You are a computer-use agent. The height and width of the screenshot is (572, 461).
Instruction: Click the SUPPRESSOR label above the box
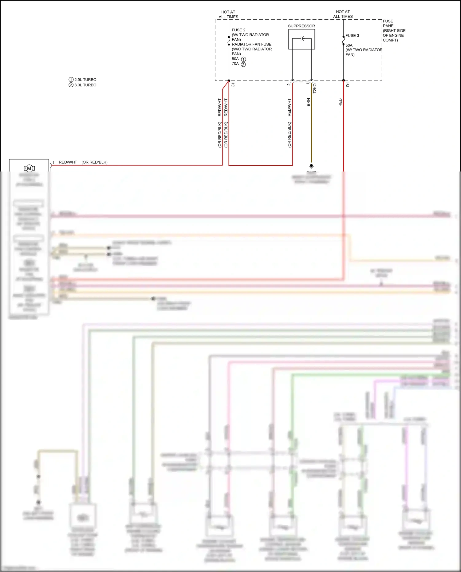[x=301, y=26]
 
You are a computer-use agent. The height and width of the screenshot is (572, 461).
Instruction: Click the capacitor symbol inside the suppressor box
[x=302, y=38]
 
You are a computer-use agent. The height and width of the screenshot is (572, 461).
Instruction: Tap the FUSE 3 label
[x=352, y=36]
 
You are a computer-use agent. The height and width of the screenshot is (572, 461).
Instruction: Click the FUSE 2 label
[x=238, y=30]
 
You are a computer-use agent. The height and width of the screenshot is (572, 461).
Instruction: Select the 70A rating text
[x=235, y=64]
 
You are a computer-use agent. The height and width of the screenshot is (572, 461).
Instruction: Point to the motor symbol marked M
[x=29, y=168]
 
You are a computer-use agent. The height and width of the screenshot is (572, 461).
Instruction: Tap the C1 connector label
[x=233, y=85]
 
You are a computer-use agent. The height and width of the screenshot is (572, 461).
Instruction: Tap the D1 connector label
[x=348, y=85]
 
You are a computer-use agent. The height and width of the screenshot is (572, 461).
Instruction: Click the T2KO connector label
[x=315, y=89]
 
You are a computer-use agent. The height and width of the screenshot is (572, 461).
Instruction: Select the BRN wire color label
[x=308, y=102]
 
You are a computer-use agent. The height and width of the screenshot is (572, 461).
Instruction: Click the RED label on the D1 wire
[x=340, y=102]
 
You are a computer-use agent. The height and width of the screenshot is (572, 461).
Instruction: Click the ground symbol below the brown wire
[x=311, y=166]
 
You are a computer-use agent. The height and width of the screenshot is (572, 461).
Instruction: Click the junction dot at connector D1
[x=343, y=81]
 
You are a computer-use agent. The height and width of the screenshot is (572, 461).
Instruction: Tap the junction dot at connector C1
[x=229, y=81]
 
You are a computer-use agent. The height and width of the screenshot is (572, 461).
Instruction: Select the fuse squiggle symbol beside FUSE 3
[x=343, y=40]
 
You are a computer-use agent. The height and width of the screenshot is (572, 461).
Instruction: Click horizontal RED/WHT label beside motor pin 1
[x=68, y=162]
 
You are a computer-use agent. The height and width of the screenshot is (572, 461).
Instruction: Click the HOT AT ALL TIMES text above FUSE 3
[x=343, y=14]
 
